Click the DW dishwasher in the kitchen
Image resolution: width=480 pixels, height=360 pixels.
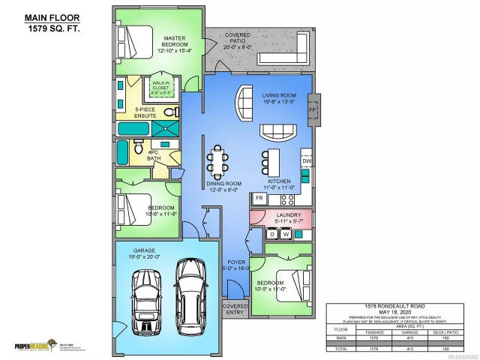click(306, 160)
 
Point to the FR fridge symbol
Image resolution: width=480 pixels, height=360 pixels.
click(259, 198)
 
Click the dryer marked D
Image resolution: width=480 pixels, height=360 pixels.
click(273, 235)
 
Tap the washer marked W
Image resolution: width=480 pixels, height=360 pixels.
click(286, 235)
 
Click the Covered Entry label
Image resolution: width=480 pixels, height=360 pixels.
click(235, 308)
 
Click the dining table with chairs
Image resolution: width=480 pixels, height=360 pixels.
click(218, 159)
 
